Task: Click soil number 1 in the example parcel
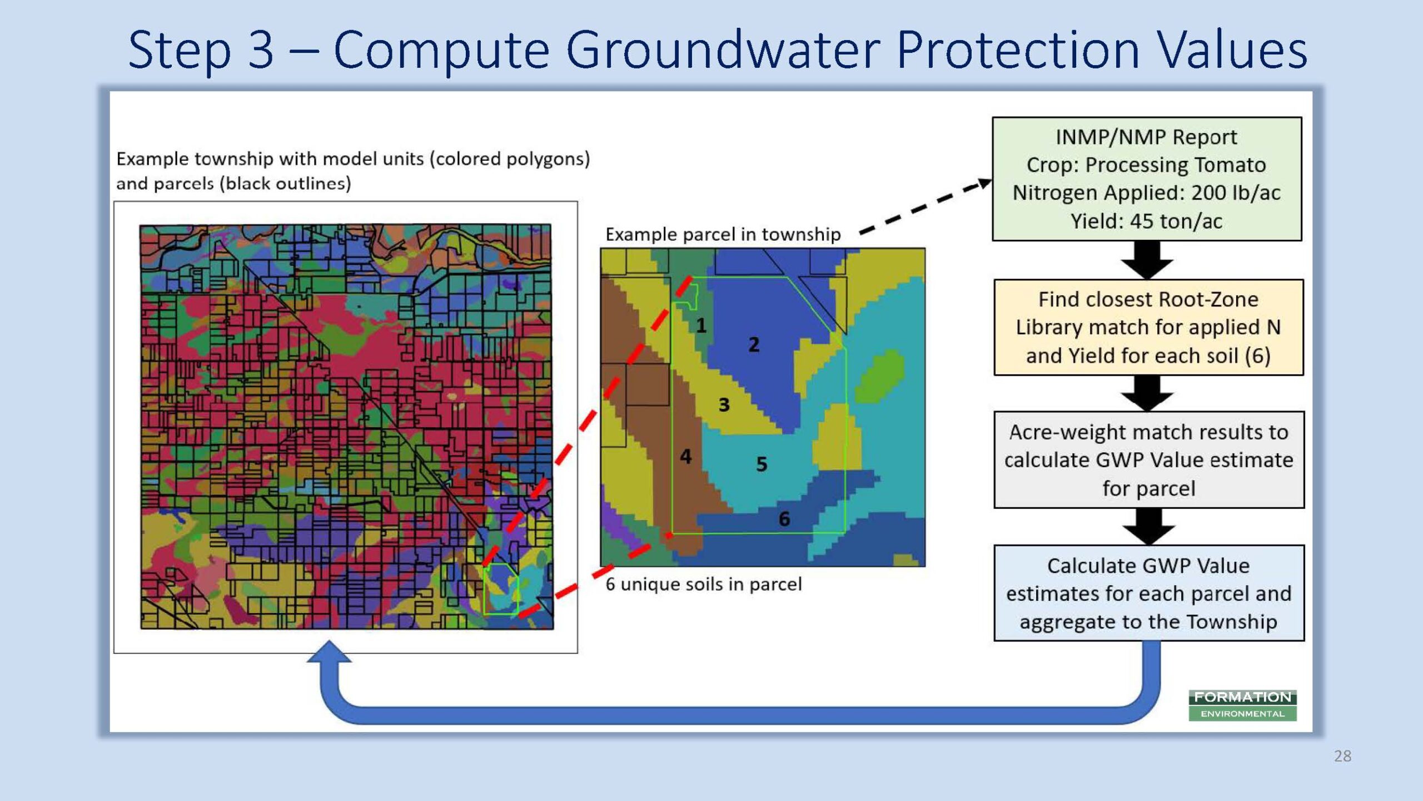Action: [x=701, y=325]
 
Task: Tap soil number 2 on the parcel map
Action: [x=754, y=344]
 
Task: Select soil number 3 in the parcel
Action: [x=724, y=404]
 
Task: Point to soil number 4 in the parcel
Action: [x=686, y=456]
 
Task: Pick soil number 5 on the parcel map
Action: [x=762, y=464]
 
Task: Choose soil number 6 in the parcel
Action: [x=784, y=518]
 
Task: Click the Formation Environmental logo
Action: [x=1243, y=705]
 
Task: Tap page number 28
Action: [x=1342, y=756]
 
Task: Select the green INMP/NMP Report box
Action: [x=1147, y=179]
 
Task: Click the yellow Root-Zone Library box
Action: [x=1148, y=328]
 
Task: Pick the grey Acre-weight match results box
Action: [x=1149, y=460]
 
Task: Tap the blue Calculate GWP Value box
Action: [x=1149, y=593]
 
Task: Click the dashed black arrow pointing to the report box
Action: [x=925, y=207]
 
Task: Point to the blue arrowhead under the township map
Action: [x=329, y=652]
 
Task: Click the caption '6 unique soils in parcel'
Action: [x=703, y=584]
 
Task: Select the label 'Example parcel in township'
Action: [x=723, y=234]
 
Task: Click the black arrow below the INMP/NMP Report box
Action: [x=1147, y=260]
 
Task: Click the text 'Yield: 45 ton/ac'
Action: [x=1146, y=221]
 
